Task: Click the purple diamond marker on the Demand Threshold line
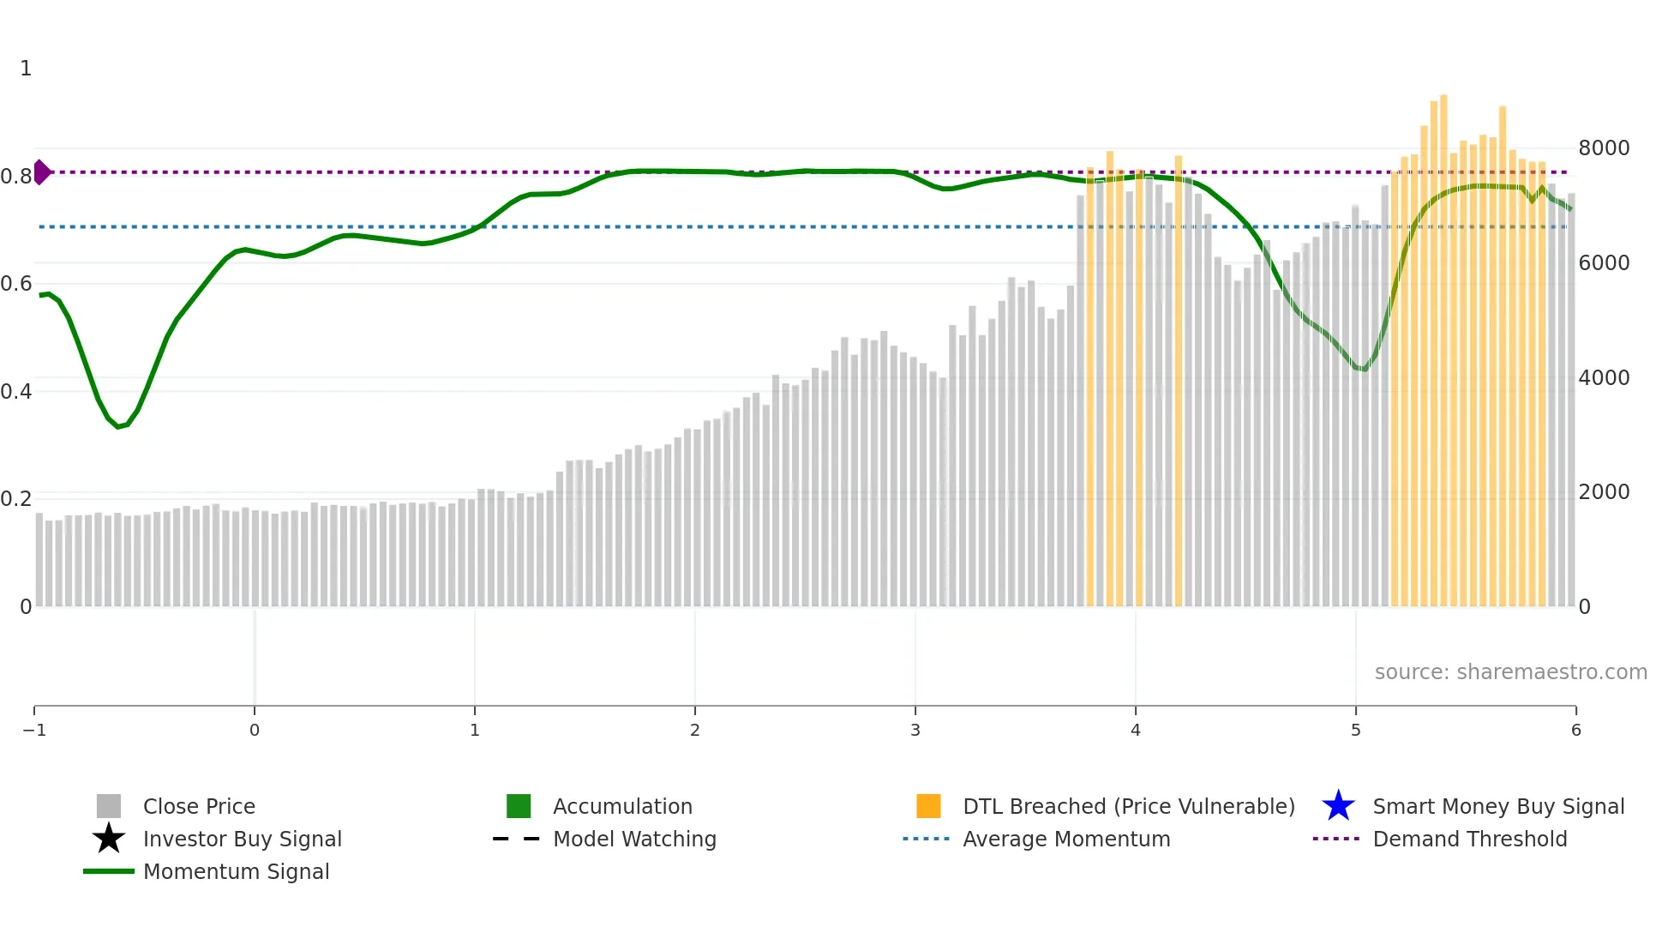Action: (x=41, y=172)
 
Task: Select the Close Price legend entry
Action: (x=199, y=806)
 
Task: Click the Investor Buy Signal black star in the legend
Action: (x=109, y=839)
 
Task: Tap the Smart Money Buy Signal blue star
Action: (x=1338, y=806)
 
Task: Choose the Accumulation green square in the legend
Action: (x=519, y=806)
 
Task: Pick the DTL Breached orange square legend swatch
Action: (x=928, y=806)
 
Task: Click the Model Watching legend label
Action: (x=634, y=839)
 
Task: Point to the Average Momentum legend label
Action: (x=1066, y=839)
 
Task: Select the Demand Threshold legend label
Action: (x=1469, y=839)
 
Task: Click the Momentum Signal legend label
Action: (x=236, y=871)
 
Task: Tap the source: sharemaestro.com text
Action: (x=1510, y=671)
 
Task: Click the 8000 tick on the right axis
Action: (x=1604, y=147)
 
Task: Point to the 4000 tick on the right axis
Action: (x=1604, y=377)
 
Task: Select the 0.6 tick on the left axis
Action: (x=16, y=283)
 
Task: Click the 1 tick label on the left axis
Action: (x=26, y=68)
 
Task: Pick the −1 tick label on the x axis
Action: (x=34, y=730)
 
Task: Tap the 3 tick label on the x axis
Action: (x=915, y=730)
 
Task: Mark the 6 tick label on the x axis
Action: (x=1575, y=730)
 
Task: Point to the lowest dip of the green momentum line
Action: (x=118, y=426)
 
